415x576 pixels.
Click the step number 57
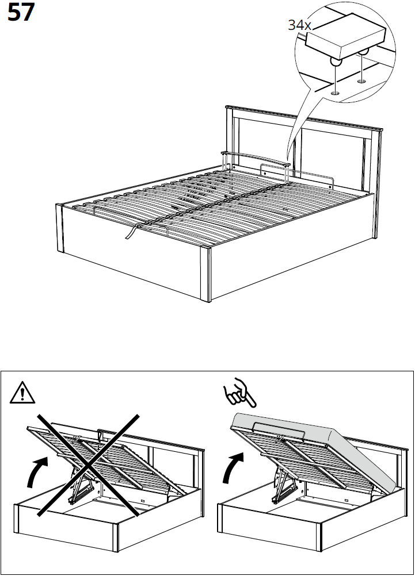click(21, 13)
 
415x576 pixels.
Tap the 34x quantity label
click(299, 25)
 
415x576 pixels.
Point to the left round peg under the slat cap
click(334, 63)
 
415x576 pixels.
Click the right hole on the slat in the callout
click(361, 81)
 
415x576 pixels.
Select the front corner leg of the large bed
click(206, 273)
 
